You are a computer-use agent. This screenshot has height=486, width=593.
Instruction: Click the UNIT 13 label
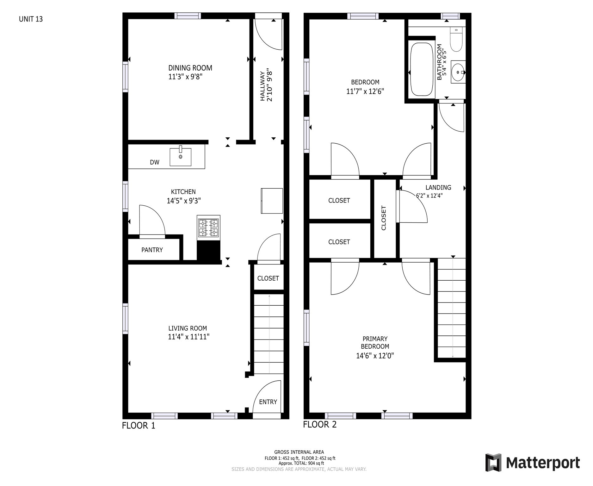pos(31,19)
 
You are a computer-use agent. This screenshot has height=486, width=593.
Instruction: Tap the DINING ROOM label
pos(190,68)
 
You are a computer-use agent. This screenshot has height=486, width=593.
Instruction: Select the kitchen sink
pos(181,157)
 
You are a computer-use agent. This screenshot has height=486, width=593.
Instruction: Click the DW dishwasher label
pos(155,162)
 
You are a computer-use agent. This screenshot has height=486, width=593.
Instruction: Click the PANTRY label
pos(152,250)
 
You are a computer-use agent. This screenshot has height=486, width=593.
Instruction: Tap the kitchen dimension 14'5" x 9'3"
pos(184,201)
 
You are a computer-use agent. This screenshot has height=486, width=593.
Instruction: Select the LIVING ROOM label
pos(188,328)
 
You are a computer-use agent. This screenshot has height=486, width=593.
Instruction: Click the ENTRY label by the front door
pos(268,402)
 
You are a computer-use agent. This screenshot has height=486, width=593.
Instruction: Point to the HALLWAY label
pos(262,86)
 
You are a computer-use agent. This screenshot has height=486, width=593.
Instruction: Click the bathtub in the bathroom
pos(422,69)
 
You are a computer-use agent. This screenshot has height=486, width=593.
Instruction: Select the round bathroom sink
pos(458,72)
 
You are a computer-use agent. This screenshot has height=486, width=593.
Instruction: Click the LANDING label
pos(438,187)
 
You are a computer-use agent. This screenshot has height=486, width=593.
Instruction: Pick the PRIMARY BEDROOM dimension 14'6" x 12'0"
pos(375,356)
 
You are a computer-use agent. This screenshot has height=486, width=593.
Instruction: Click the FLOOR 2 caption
pos(320,424)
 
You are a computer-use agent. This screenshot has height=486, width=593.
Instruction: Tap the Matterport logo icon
pos(493,462)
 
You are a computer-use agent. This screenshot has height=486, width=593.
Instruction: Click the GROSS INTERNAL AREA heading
pos(299,452)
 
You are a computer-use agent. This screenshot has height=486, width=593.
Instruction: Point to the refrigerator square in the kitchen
pos(272,201)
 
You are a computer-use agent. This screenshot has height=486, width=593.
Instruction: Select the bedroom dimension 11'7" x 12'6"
pos(365,91)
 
